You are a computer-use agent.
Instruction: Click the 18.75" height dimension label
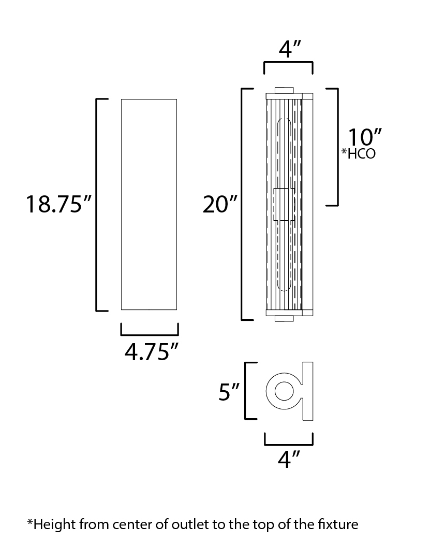click(59, 204)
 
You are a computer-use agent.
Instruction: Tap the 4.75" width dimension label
click(152, 352)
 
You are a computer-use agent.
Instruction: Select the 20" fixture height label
click(220, 204)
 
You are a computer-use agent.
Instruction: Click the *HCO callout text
click(358, 153)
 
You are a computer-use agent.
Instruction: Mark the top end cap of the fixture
click(284, 90)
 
